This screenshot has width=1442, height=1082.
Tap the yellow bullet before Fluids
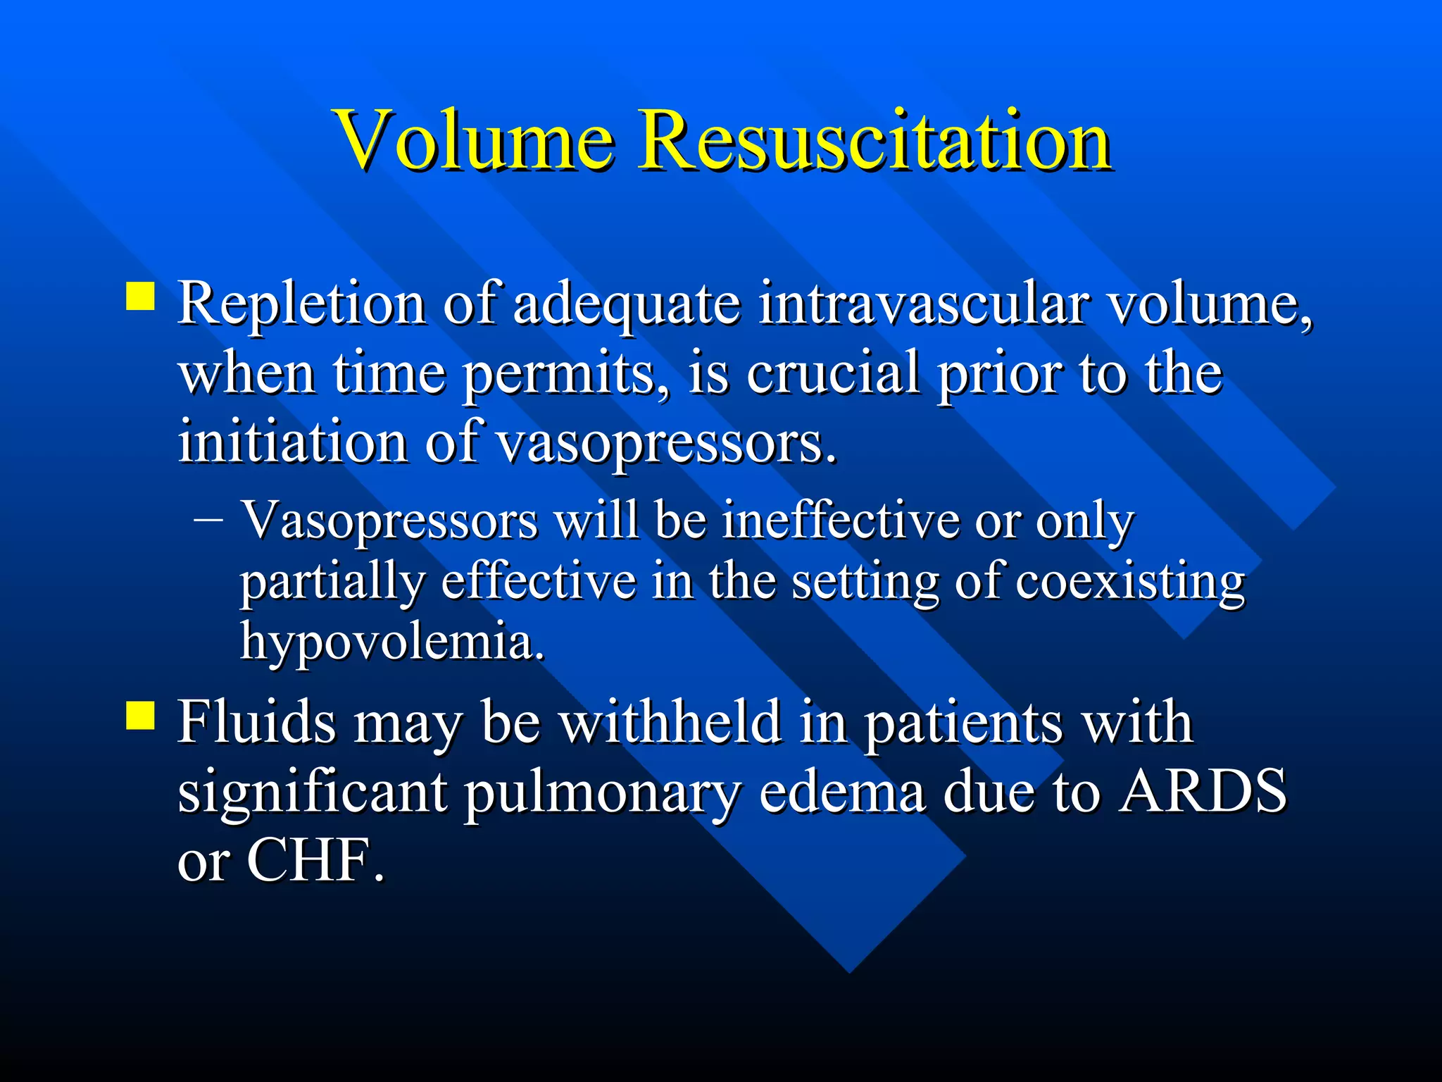point(140,715)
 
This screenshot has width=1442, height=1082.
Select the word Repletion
point(301,304)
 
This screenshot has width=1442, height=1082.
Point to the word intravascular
point(923,304)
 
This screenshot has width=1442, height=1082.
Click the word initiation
point(292,442)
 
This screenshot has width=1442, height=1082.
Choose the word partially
point(332,583)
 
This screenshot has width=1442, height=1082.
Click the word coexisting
point(1130,582)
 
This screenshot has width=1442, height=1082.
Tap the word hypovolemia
point(392,642)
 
